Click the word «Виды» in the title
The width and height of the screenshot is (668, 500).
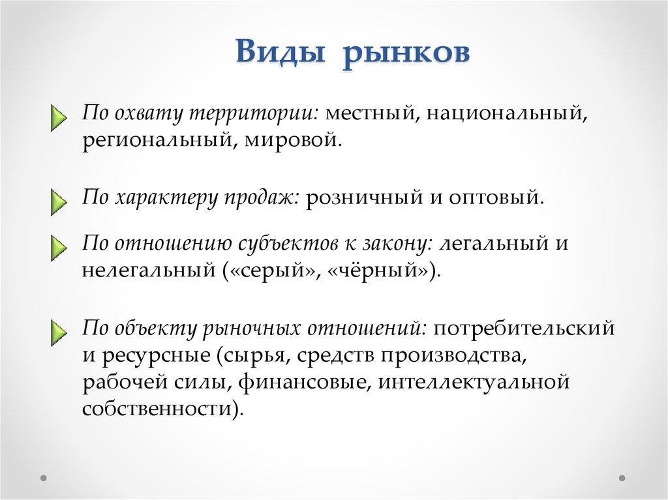[x=280, y=51]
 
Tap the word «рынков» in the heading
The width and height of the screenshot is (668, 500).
[x=406, y=54]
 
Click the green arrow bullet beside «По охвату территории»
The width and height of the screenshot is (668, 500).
[x=58, y=117]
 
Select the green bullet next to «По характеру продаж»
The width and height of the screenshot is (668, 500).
[x=58, y=202]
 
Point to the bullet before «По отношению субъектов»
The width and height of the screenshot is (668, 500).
[x=58, y=248]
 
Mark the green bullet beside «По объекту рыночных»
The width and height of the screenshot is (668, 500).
[x=58, y=332]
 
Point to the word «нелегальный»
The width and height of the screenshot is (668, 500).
[x=149, y=271]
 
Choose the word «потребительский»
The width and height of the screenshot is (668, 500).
[x=524, y=329]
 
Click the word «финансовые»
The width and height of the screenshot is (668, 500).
[x=303, y=381]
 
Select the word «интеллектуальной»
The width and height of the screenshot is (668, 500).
[x=474, y=381]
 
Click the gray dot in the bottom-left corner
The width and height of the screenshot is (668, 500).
[x=43, y=478]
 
